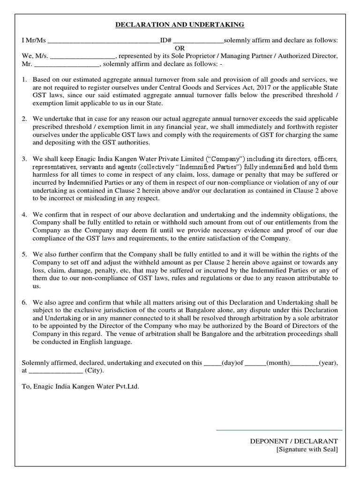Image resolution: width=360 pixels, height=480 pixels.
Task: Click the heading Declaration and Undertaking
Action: [180, 25]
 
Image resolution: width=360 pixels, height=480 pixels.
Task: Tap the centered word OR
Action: [180, 48]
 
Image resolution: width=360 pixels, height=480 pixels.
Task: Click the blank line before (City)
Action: [56, 370]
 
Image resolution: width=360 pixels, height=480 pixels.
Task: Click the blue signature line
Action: [279, 429]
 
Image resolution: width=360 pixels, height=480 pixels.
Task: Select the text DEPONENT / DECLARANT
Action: [293, 441]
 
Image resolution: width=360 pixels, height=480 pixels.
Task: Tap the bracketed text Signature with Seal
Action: [307, 450]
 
